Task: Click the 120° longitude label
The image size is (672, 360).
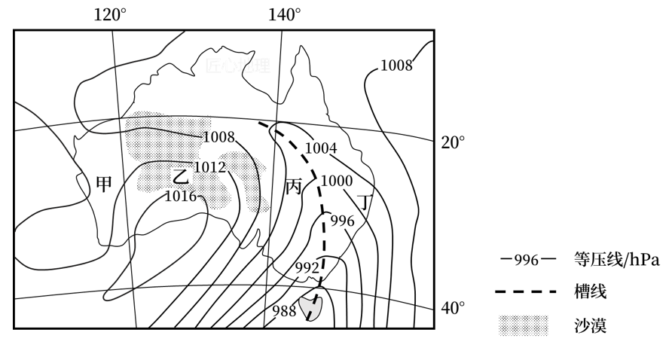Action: click(110, 14)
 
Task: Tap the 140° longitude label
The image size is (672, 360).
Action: click(285, 14)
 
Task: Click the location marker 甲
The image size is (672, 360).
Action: click(104, 184)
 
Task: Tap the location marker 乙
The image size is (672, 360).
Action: click(180, 175)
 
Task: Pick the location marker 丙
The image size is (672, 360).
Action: click(293, 186)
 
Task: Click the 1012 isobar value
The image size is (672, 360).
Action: click(209, 167)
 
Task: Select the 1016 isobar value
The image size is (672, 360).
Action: click(181, 197)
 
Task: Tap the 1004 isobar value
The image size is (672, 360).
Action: click(320, 148)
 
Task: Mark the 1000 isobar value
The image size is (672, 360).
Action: click(336, 181)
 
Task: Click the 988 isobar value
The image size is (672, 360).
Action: click(285, 311)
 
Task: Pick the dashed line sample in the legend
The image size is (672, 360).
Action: click(526, 292)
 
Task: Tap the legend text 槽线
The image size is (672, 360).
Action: click(590, 292)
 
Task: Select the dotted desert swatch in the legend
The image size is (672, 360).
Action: click(525, 325)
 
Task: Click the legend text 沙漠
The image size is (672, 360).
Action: click(590, 325)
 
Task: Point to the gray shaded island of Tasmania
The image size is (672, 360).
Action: click(310, 306)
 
